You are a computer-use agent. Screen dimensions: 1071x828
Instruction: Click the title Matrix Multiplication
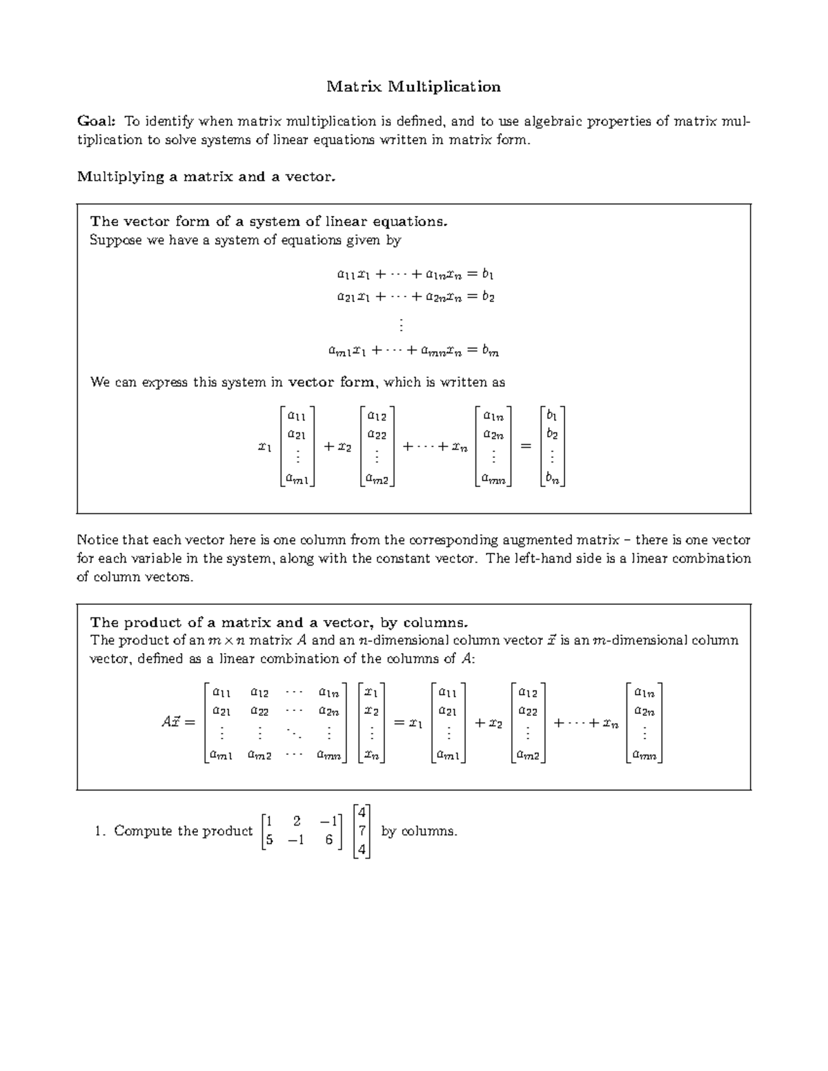(413, 87)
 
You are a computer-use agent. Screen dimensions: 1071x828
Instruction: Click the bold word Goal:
(96, 122)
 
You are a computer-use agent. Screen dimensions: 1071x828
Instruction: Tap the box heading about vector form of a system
(269, 221)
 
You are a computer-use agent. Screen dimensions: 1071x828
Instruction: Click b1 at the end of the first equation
(488, 274)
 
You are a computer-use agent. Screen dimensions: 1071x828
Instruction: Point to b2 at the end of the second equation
(488, 297)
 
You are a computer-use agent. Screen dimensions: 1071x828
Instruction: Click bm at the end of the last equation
(491, 351)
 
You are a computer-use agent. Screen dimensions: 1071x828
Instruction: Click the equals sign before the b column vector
(526, 447)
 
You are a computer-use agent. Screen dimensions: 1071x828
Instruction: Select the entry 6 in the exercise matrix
(329, 839)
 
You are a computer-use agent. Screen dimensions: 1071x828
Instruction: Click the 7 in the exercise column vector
(362, 831)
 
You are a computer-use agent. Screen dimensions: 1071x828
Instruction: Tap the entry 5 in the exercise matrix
(269, 839)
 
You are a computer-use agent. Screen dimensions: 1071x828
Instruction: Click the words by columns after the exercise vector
(419, 831)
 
